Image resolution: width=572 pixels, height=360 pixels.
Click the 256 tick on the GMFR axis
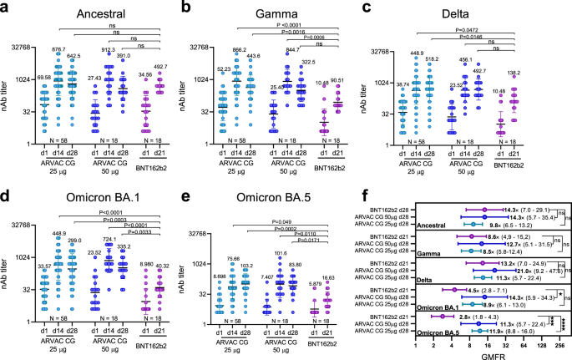click(x=559, y=342)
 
